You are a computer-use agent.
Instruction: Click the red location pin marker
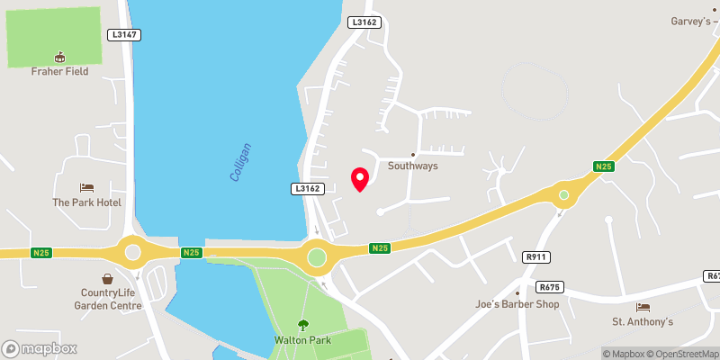pos(360,178)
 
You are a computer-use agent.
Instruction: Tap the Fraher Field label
pos(60,71)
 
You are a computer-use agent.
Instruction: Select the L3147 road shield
pos(123,34)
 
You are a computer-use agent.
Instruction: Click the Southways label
pos(413,166)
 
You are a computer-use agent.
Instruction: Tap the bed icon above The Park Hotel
pos(86,187)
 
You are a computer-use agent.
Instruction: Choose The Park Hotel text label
pos(86,202)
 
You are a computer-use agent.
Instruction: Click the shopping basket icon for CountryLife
pos(108,279)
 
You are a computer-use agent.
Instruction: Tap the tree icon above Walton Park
pos(302,326)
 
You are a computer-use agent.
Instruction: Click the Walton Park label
pos(302,341)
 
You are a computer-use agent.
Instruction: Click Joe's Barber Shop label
pos(517,304)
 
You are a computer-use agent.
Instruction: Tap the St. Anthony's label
pos(643,322)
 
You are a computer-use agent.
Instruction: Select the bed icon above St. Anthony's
pos(643,307)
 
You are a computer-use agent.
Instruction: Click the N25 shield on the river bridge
pos(191,252)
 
